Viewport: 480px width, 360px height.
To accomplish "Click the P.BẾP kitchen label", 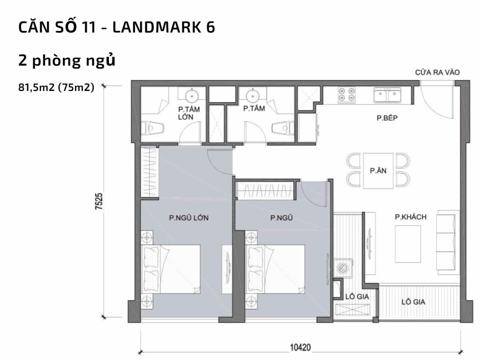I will (x=387, y=118).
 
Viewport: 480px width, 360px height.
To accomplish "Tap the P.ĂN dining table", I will (x=378, y=171).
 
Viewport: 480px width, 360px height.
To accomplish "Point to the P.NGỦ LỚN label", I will (x=189, y=217).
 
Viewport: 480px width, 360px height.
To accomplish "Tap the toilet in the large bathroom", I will (x=153, y=127).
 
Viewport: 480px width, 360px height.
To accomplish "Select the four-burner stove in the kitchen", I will (x=346, y=94).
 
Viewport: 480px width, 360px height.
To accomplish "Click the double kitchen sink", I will (x=387, y=95).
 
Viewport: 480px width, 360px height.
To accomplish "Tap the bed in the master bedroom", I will (x=171, y=269).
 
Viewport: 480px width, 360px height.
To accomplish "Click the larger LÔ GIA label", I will (x=413, y=302).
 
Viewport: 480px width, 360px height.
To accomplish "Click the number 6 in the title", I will (x=210, y=27).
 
